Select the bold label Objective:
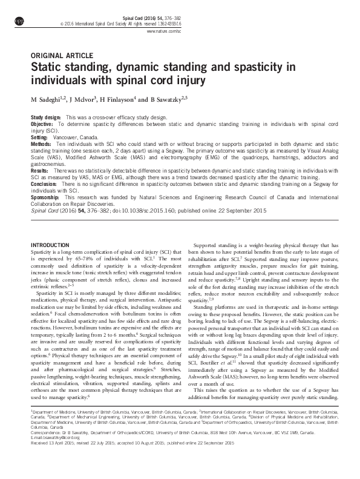[42, 123]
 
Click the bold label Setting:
[39, 137]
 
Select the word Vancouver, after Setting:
[68, 137]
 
